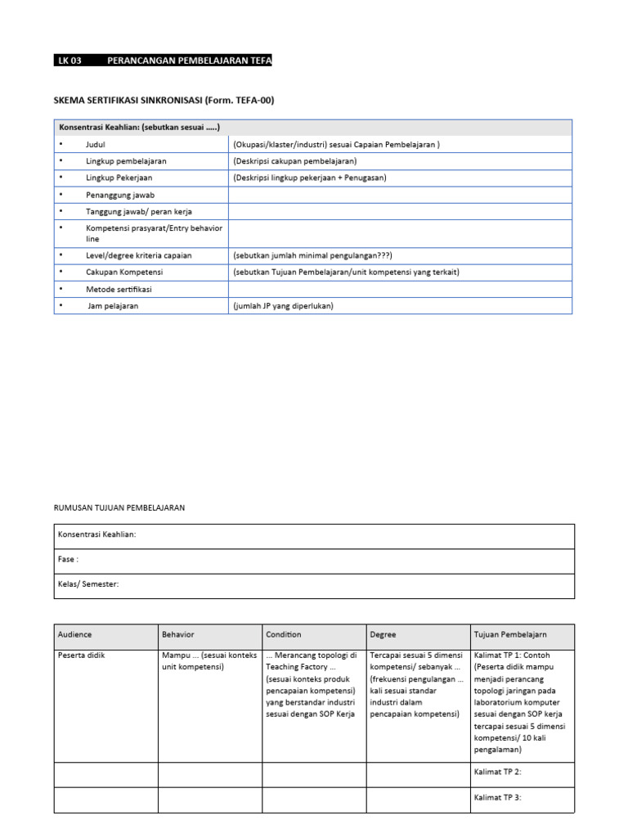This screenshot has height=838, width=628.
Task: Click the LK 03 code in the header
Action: [x=70, y=61]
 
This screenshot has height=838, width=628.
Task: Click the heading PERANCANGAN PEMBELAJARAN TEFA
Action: [x=190, y=61]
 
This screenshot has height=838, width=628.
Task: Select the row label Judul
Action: [x=96, y=145]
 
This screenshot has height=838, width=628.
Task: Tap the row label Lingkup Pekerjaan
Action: [x=119, y=178]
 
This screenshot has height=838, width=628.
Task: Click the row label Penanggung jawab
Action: [x=120, y=196]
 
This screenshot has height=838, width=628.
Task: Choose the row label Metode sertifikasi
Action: [x=119, y=290]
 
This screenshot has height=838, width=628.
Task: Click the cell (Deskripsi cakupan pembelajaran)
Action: [x=295, y=161]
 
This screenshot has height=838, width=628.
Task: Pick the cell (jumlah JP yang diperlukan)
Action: [x=284, y=306]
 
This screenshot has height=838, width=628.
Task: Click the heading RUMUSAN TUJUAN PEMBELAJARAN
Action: [x=119, y=508]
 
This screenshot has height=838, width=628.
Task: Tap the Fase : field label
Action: [x=69, y=560]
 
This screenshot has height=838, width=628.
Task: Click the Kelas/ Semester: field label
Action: [x=88, y=584]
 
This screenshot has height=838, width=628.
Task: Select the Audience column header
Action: [x=75, y=634]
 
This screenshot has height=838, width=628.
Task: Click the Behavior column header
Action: [x=178, y=634]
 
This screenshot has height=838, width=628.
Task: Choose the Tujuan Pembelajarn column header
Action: [x=511, y=634]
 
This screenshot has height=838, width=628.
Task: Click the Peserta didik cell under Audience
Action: [x=81, y=656]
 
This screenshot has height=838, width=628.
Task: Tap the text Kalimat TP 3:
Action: [x=498, y=797]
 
